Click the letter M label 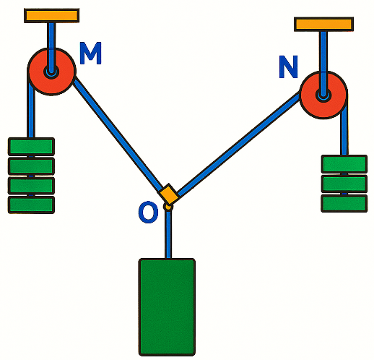click(x=90, y=53)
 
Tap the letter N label click(x=288, y=67)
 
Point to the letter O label click(x=148, y=213)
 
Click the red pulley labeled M click(x=51, y=72)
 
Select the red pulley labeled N click(x=323, y=95)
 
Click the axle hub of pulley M click(x=51, y=72)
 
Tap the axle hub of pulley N click(x=323, y=95)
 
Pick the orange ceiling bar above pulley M click(x=52, y=16)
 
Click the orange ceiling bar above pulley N click(x=323, y=24)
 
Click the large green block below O click(x=167, y=307)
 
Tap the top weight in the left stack click(x=31, y=147)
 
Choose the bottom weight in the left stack click(x=31, y=205)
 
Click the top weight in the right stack click(x=344, y=164)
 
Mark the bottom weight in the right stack click(x=344, y=203)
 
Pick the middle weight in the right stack click(x=344, y=184)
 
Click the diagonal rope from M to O click(x=118, y=134)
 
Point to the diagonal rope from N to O click(x=239, y=143)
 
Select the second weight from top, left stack click(x=31, y=166)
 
